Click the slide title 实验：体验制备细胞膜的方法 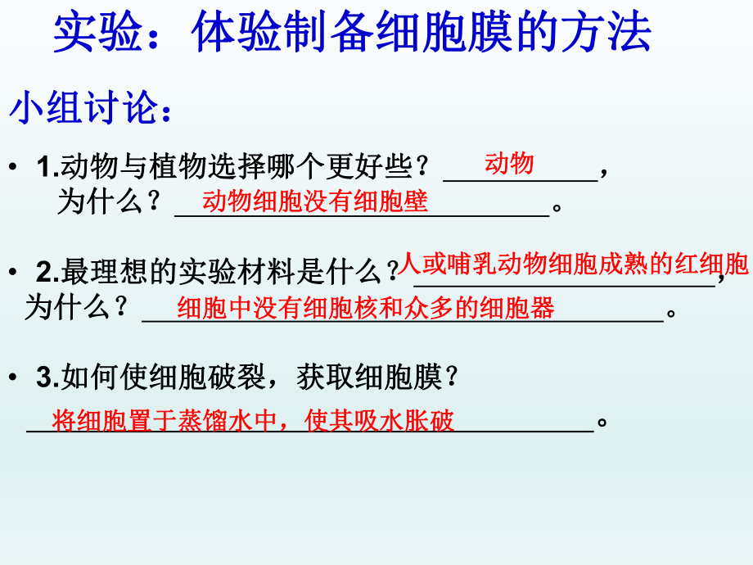point(352,34)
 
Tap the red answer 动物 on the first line point(509,164)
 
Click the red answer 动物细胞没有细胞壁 point(315,201)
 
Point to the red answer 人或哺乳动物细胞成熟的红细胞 point(573,264)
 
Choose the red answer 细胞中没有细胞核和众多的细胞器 point(366,308)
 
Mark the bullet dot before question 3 point(13,378)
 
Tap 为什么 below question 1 point(101,202)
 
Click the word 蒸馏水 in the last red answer point(214,421)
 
